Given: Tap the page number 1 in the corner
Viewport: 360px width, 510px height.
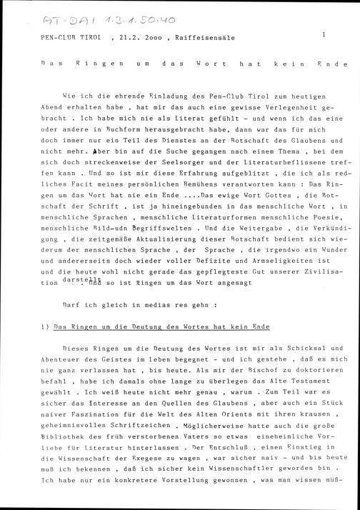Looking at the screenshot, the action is click(324, 34).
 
